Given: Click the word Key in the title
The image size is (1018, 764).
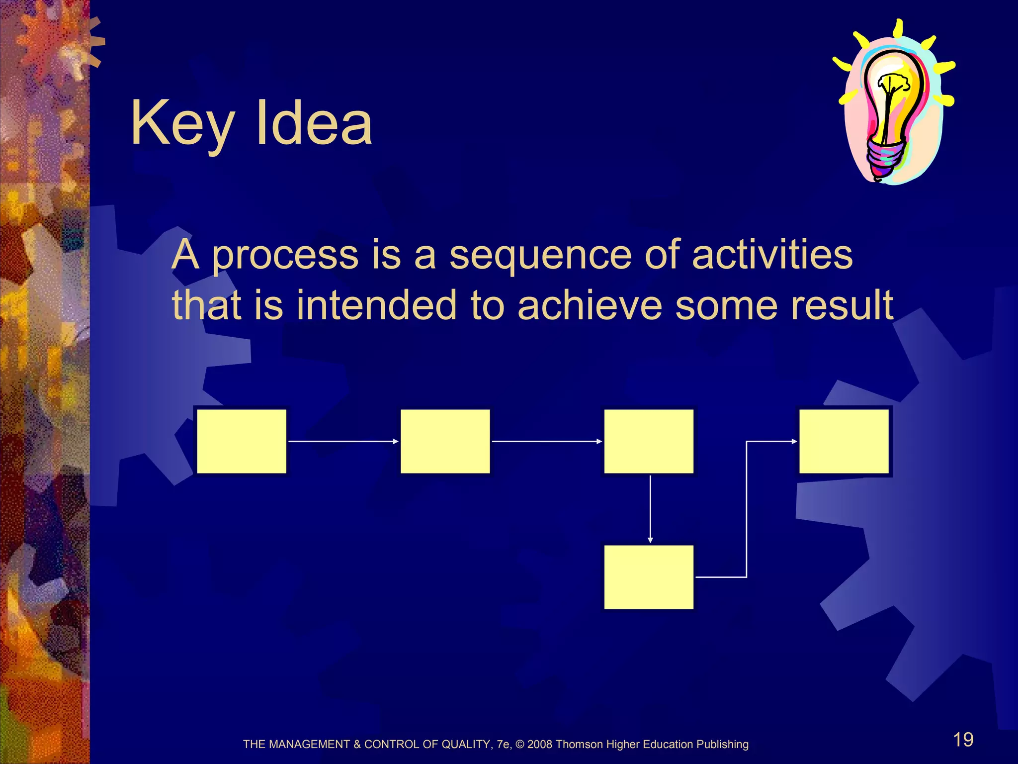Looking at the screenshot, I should pos(181,124).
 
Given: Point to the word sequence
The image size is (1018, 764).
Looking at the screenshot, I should pos(540,256).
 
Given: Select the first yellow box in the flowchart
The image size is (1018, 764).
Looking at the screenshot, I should pos(242,441).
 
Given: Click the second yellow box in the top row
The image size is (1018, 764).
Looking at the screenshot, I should pos(445,441).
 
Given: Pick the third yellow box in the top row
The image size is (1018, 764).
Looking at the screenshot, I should pos(649,441).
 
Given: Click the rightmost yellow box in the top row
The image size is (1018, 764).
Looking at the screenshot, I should pos(844,441).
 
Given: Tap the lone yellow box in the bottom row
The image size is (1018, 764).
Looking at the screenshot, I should pos(649,577).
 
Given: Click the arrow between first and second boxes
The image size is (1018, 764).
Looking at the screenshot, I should pos(343,441).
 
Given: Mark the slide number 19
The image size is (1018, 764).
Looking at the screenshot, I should pos(963,740).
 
